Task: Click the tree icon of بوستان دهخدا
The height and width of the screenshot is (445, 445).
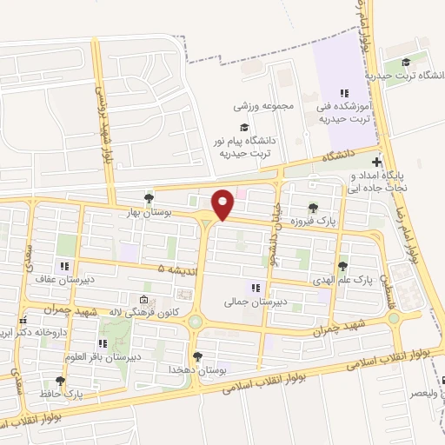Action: point(198,356)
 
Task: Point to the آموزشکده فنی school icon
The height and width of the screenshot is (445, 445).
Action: point(344,92)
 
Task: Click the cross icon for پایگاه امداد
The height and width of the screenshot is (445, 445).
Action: point(375,162)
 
